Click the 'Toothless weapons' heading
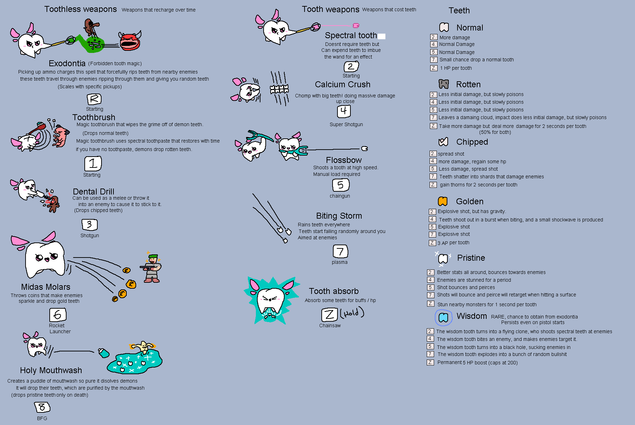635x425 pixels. (81, 9)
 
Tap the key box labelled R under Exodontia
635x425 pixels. (94, 99)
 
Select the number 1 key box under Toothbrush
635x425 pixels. (93, 164)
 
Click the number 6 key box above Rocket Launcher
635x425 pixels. (58, 315)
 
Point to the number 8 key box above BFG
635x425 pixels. (42, 407)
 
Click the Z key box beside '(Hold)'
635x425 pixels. (329, 315)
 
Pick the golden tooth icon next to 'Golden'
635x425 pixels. (443, 201)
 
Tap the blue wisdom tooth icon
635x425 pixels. (443, 317)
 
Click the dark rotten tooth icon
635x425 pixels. (444, 84)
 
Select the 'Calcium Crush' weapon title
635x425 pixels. (342, 84)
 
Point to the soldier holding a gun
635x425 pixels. (152, 268)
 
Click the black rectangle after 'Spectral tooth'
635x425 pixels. (382, 36)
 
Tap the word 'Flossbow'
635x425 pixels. (344, 160)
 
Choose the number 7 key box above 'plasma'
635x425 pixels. (340, 251)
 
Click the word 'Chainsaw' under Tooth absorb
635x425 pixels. (330, 325)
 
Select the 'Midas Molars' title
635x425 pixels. (46, 287)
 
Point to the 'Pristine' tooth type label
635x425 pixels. (471, 258)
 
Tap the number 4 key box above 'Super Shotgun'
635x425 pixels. (344, 111)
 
